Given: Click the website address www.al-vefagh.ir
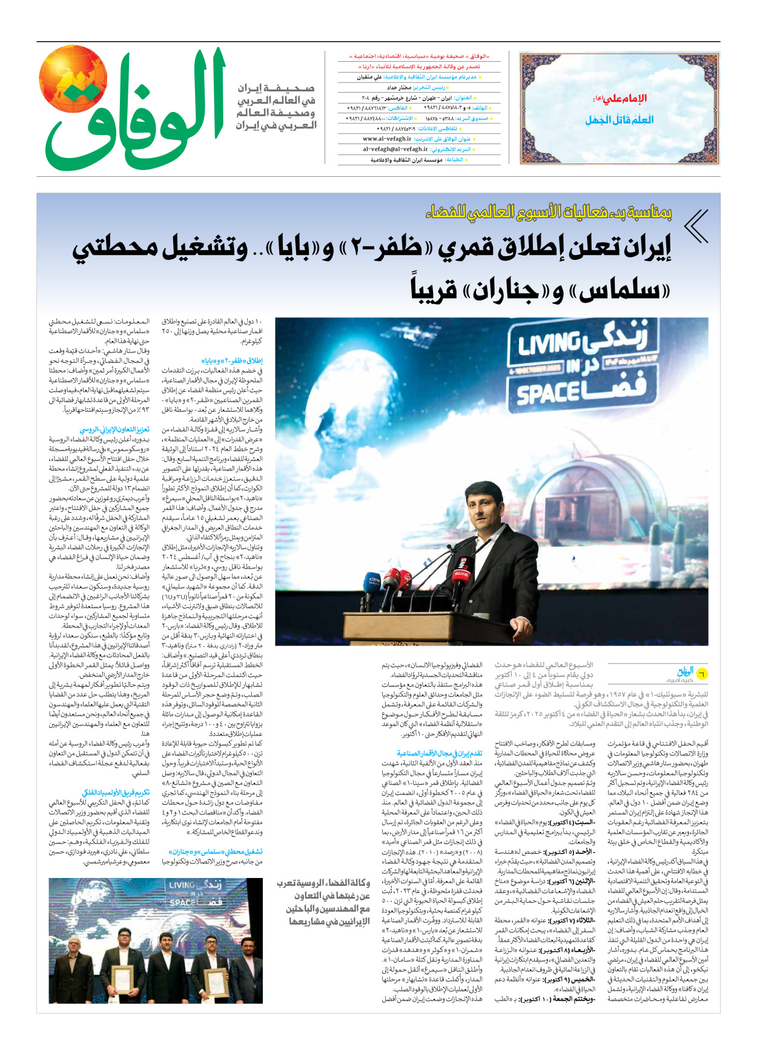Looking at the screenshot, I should pos(387,139).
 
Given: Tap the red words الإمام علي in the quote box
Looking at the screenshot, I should pos(626,98).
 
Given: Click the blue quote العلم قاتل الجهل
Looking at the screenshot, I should pos(619,120).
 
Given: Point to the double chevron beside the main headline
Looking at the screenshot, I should pos(696,226).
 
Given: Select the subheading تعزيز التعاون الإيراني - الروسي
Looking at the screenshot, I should pos(114,429).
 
